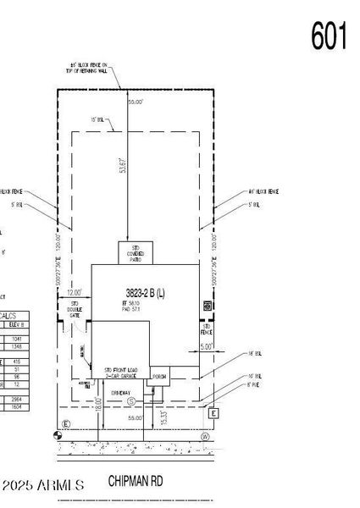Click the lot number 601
tap(330, 36)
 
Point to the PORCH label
tap(158, 376)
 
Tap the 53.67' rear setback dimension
tap(124, 165)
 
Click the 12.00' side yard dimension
tap(75, 292)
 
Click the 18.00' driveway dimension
tap(99, 406)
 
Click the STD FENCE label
tap(205, 329)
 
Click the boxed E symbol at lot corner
tap(214, 414)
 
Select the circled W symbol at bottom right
tap(205, 437)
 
